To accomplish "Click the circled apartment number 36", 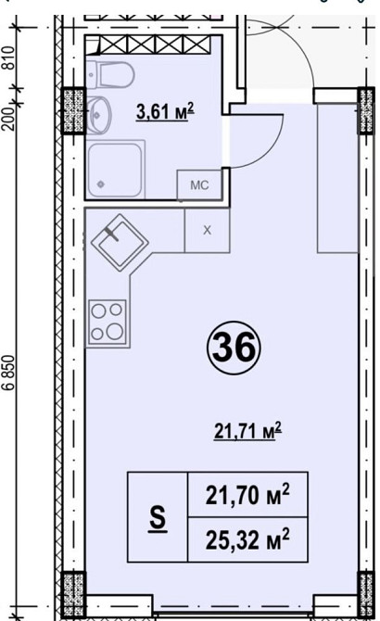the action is pyautogui.click(x=234, y=348).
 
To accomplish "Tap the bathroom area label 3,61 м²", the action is pyautogui.click(x=165, y=111).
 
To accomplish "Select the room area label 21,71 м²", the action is pyautogui.click(x=247, y=431).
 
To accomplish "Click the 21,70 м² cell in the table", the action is pyautogui.click(x=247, y=494).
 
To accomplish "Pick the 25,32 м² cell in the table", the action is pyautogui.click(x=247, y=539).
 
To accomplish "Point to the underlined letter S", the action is pyautogui.click(x=158, y=518).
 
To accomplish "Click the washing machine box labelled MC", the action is pyautogui.click(x=199, y=185).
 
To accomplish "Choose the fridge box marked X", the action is pyautogui.click(x=207, y=230).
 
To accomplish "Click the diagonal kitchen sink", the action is pyautogui.click(x=120, y=243).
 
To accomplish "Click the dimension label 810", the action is pyautogui.click(x=9, y=57).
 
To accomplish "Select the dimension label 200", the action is pyautogui.click(x=9, y=119).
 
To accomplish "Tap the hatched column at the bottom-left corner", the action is pyautogui.click(x=74, y=593).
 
